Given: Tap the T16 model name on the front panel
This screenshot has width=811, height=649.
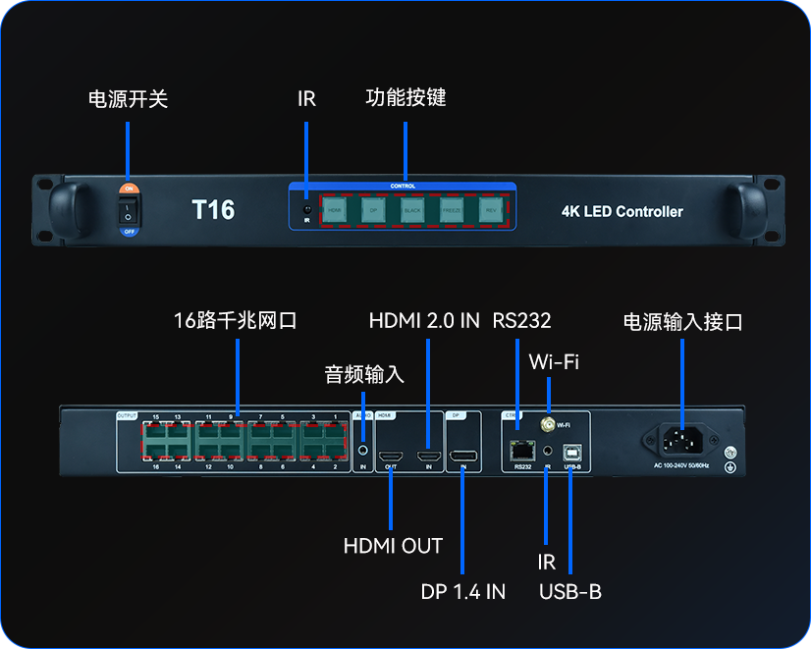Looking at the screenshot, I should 212,209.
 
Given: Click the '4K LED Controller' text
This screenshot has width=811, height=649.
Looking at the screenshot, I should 622,211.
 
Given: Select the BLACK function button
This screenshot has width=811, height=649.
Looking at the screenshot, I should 411,209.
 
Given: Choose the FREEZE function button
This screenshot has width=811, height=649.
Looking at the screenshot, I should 451,209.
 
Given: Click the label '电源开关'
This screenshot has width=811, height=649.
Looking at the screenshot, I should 129,99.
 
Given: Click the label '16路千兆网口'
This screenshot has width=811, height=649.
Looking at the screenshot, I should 236,320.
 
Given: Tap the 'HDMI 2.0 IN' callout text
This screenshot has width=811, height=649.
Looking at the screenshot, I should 424,320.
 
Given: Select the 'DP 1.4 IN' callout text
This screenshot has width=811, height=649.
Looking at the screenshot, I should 462,590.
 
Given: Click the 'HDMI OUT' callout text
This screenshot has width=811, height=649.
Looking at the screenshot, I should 393,546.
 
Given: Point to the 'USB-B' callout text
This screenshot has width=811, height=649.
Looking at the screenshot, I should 570,591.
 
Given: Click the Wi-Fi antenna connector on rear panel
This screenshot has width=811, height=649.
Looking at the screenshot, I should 546,425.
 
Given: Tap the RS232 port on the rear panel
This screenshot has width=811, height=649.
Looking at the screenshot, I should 520,452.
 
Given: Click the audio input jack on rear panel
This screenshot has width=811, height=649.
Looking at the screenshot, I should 363,450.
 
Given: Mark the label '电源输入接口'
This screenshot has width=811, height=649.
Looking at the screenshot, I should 682,322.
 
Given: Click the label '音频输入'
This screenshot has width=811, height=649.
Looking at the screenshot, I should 364,375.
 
